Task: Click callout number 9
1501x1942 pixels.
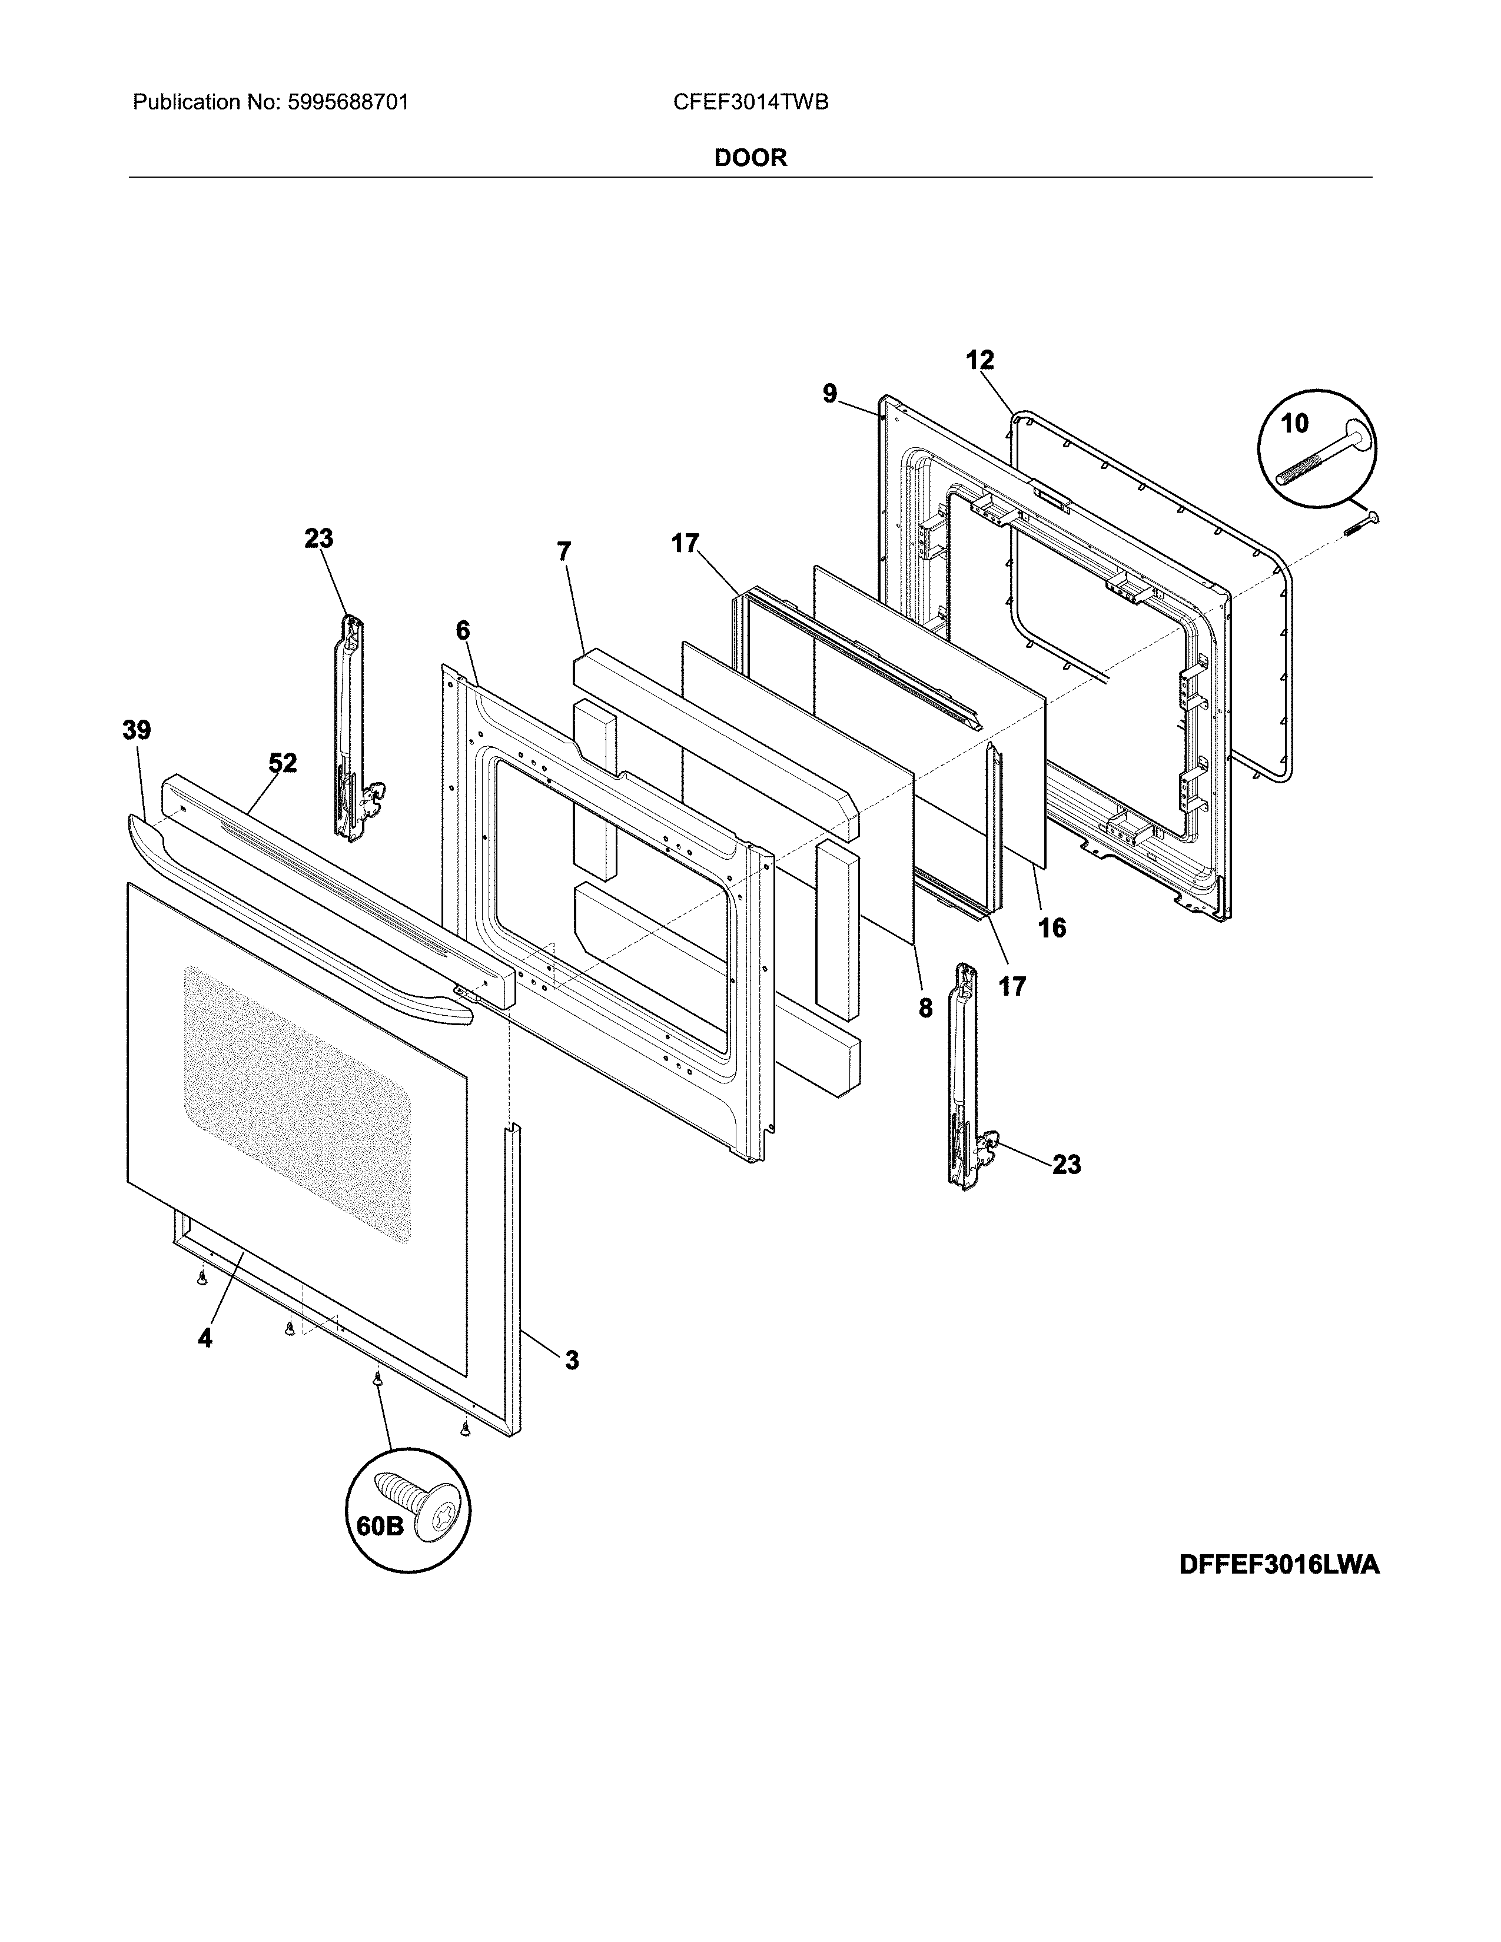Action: point(829,394)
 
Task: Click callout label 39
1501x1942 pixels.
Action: point(137,731)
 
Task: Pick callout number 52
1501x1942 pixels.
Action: point(283,763)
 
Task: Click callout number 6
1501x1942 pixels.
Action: point(463,630)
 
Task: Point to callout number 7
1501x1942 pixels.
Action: point(564,551)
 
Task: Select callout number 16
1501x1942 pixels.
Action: point(1052,928)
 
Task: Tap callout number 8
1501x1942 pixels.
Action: point(926,1008)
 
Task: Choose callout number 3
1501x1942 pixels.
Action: point(572,1361)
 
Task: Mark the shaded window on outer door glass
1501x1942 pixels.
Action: point(298,1103)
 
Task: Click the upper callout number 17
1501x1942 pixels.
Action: point(685,543)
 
